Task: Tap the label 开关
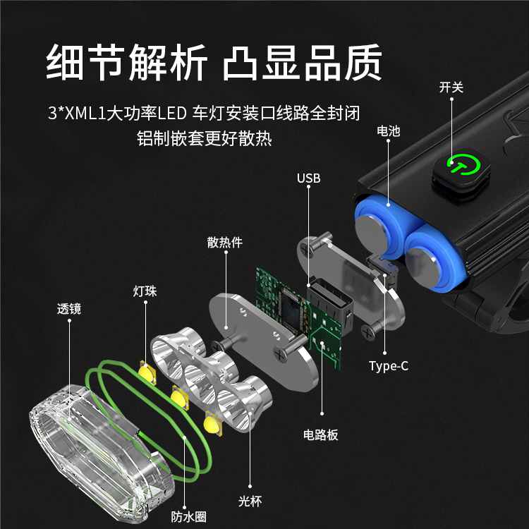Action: click(x=451, y=87)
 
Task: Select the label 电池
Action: click(x=389, y=131)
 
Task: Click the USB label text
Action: click(x=308, y=178)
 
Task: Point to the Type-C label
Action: click(x=389, y=366)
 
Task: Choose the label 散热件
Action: click(x=225, y=242)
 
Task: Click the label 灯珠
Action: click(x=145, y=291)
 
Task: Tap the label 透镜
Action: click(x=69, y=309)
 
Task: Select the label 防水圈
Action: click(x=188, y=517)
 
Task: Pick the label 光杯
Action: click(x=250, y=501)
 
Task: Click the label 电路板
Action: click(x=320, y=435)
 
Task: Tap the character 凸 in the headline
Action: click(x=241, y=63)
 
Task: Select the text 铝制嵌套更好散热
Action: click(x=204, y=139)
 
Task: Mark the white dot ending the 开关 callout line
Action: click(x=451, y=99)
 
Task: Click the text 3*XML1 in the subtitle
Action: click(x=78, y=114)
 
